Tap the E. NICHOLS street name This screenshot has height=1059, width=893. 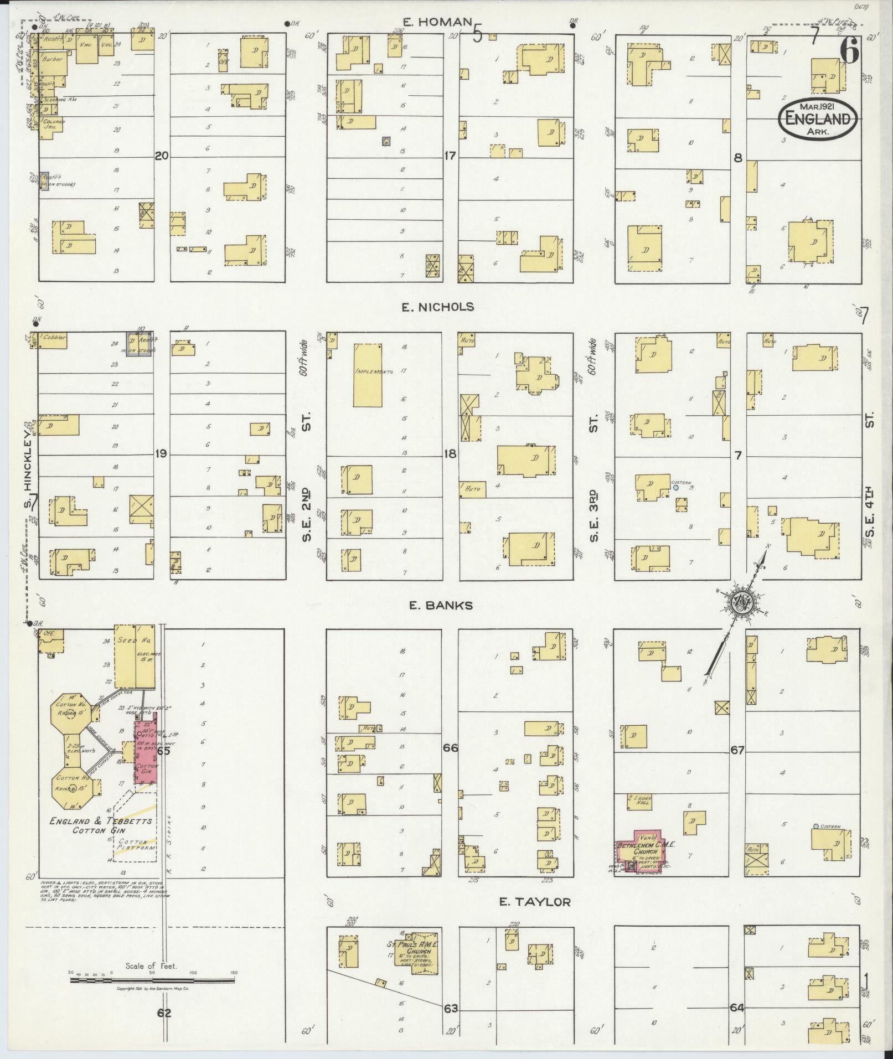(x=438, y=307)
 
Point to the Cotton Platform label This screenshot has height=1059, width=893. (x=136, y=849)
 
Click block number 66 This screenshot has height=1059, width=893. (x=450, y=748)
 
